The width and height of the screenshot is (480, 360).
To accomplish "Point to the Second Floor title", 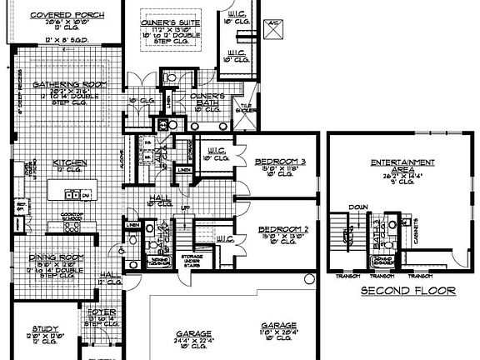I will pyautogui.click(x=407, y=292).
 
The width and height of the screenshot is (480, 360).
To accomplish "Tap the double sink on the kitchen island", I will pyautogui.click(x=73, y=197).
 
